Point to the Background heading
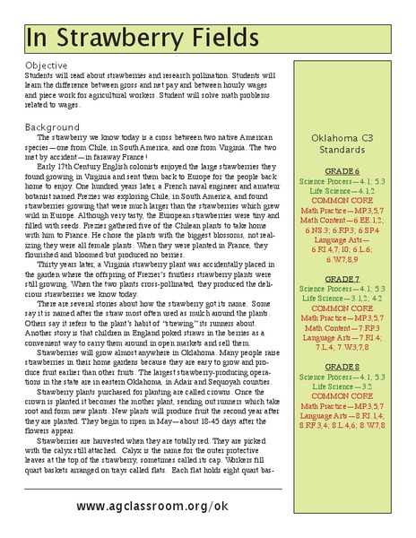[x=54, y=126]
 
